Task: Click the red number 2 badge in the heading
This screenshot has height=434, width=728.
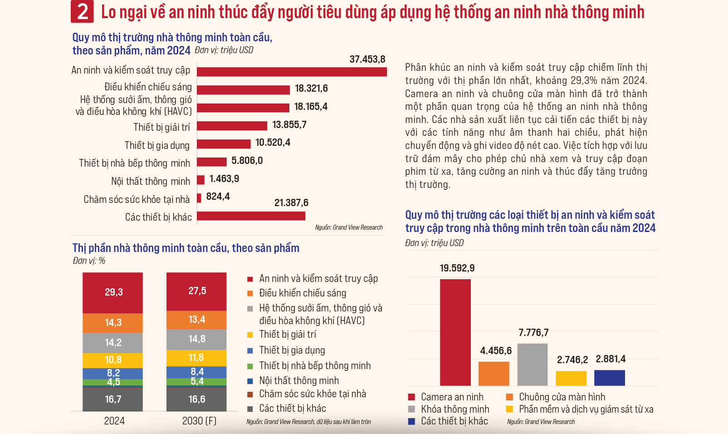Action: (x=82, y=12)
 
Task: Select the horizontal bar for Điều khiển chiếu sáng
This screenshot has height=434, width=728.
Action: (x=243, y=90)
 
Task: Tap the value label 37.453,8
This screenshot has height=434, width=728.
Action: (x=367, y=59)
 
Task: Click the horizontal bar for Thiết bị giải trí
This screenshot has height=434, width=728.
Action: (x=232, y=126)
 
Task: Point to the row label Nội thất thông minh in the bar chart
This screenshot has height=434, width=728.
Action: (x=151, y=181)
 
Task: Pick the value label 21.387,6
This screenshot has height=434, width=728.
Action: (x=291, y=202)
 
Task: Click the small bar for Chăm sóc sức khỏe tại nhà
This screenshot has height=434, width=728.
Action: (x=199, y=198)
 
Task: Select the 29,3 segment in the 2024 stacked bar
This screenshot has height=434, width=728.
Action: (x=113, y=292)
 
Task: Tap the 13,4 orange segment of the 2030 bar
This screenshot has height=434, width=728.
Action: (x=196, y=320)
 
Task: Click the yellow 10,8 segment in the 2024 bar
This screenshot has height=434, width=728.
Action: (x=113, y=360)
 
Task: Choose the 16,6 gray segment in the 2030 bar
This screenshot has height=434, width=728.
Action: (x=196, y=399)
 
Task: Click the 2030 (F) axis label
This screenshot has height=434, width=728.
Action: (x=199, y=421)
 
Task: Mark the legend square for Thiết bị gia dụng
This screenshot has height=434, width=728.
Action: (x=250, y=350)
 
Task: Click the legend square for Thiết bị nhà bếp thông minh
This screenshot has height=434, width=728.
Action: (x=250, y=366)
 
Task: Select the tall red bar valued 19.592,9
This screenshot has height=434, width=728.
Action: (x=455, y=332)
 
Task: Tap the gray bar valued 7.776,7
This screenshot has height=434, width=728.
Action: (x=533, y=365)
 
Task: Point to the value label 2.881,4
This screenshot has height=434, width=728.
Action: (x=611, y=359)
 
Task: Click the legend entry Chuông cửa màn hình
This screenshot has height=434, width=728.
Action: (x=562, y=397)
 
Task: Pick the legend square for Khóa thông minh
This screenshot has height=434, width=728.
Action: (x=412, y=409)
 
